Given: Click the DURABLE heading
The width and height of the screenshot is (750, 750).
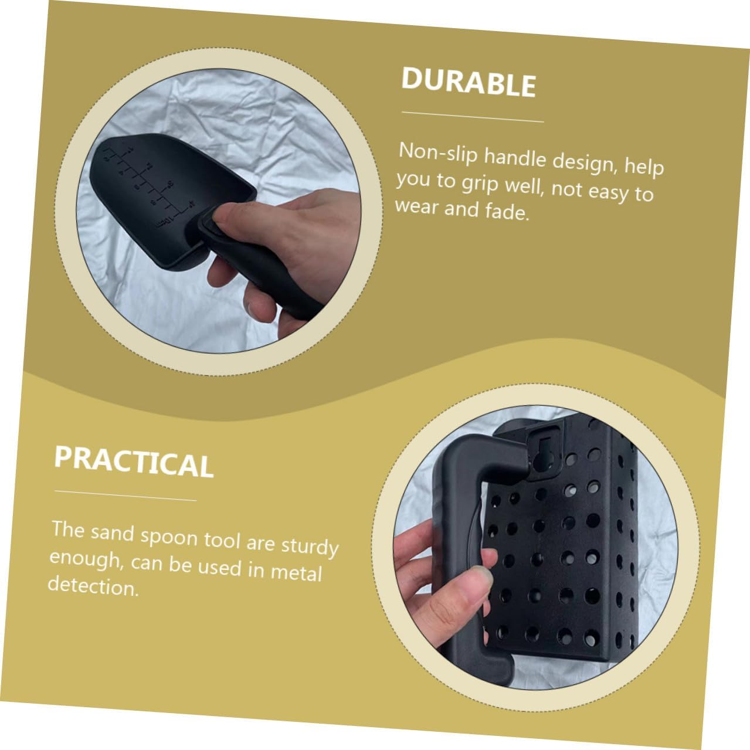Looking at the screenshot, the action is point(469,83).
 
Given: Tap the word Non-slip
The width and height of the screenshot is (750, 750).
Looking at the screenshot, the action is point(438,152).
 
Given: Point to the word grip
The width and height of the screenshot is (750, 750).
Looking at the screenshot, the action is point(480,183).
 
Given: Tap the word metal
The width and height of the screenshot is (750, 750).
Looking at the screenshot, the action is point(297,572).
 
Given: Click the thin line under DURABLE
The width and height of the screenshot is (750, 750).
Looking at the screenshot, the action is point(473,117).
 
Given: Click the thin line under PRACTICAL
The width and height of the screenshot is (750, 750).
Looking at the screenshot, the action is point(125,496).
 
